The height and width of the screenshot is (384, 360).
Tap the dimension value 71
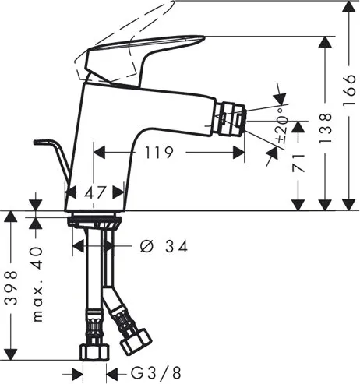298,163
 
